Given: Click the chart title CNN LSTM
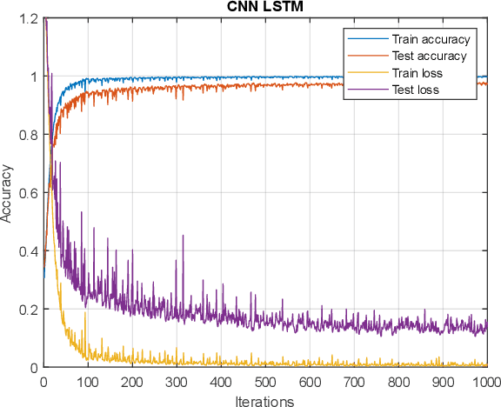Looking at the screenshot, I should [x=265, y=7].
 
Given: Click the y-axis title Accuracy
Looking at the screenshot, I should [x=8, y=193].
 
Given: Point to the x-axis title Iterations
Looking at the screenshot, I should [x=265, y=401].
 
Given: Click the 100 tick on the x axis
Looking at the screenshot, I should [x=88, y=380].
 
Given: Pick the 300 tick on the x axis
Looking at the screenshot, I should [x=177, y=380].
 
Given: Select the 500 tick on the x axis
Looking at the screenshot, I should [x=265, y=380].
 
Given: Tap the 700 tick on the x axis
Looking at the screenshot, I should [x=354, y=380].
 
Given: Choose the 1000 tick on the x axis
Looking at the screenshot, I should [x=485, y=380].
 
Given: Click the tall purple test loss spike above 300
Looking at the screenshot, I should [x=183, y=237].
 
